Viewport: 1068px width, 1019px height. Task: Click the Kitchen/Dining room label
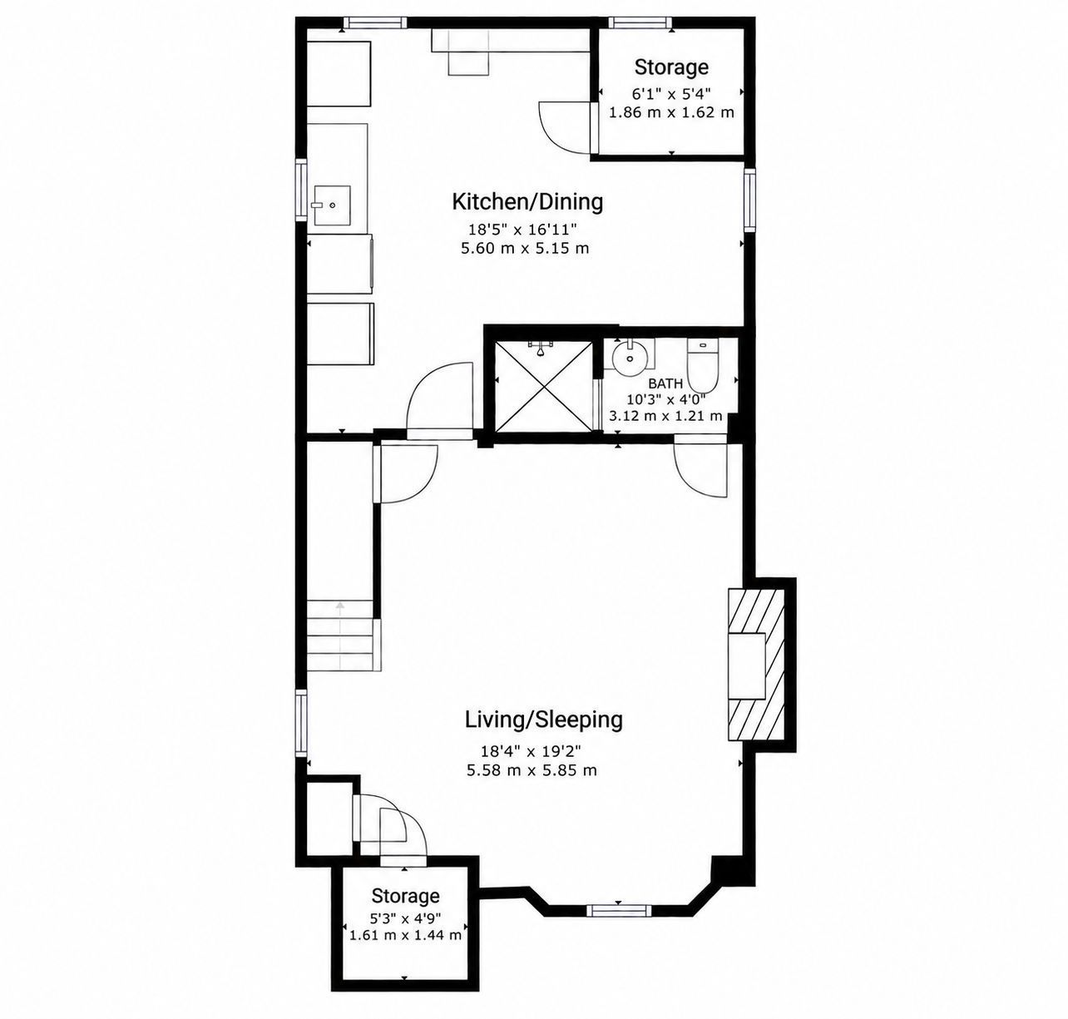pos(527,201)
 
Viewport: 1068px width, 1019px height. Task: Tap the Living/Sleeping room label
pos(544,720)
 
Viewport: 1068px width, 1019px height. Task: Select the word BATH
pos(665,384)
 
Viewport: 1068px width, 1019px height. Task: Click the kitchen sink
pos(331,205)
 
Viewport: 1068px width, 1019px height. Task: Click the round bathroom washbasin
pos(629,358)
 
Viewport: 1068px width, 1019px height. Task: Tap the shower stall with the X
pos(544,387)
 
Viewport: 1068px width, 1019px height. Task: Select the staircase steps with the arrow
pos(340,636)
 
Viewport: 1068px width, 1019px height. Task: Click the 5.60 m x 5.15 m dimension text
pos(525,249)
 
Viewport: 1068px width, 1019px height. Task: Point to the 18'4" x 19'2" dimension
pos(532,752)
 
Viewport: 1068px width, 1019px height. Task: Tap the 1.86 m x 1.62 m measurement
pos(671,113)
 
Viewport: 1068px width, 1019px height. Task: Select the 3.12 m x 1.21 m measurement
pos(665,416)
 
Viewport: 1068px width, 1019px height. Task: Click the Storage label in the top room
pos(671,67)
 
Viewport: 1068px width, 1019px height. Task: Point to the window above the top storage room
pos(640,22)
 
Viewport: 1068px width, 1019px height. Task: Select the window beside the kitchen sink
pos(301,190)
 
